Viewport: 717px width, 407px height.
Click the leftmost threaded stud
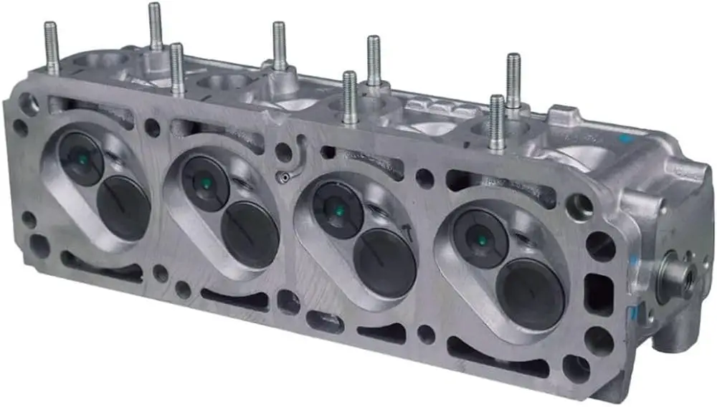tap(51, 47)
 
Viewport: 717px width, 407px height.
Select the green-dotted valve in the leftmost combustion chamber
tap(81, 158)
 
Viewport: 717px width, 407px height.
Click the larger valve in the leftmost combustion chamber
tap(123, 209)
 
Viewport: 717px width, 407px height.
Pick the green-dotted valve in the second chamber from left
tap(205, 183)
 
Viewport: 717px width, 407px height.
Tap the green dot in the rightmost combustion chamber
tap(480, 239)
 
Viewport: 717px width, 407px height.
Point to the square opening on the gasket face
tap(599, 295)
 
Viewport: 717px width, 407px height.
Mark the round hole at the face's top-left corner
tap(29, 104)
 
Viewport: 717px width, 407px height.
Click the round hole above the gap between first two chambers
tap(153, 128)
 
